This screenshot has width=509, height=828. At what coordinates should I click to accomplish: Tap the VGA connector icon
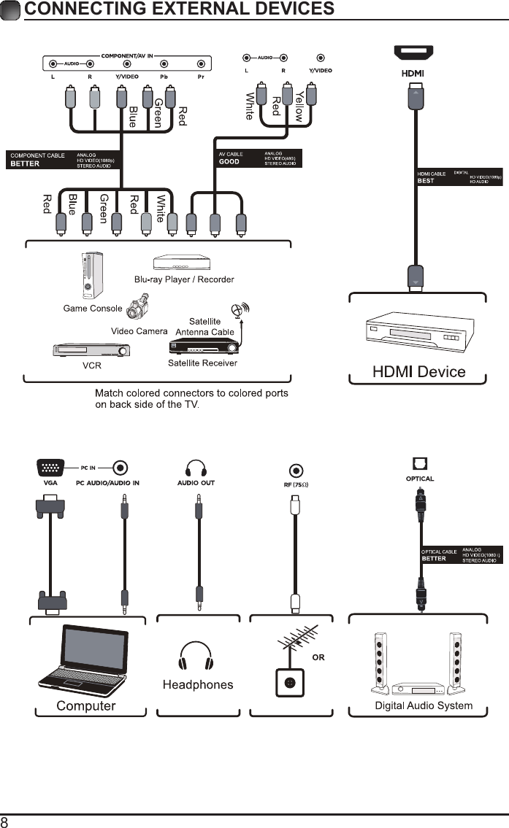tap(49, 468)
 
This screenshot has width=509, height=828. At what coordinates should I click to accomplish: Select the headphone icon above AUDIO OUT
tap(196, 468)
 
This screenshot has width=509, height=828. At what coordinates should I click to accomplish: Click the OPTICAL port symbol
tap(420, 464)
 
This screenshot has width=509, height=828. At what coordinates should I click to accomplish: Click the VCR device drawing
tap(91, 351)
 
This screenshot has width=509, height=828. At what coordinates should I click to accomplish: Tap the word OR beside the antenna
tap(318, 657)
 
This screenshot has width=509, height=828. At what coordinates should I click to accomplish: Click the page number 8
tap(5, 821)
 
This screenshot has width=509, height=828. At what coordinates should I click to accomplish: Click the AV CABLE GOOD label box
tap(259, 158)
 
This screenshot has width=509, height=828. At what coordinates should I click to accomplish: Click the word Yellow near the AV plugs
tap(298, 107)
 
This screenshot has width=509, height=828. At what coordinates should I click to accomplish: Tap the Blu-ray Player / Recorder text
tap(184, 279)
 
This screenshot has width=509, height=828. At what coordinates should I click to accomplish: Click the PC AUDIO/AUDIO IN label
tap(107, 483)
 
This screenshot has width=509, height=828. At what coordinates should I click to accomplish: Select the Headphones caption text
tap(197, 684)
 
